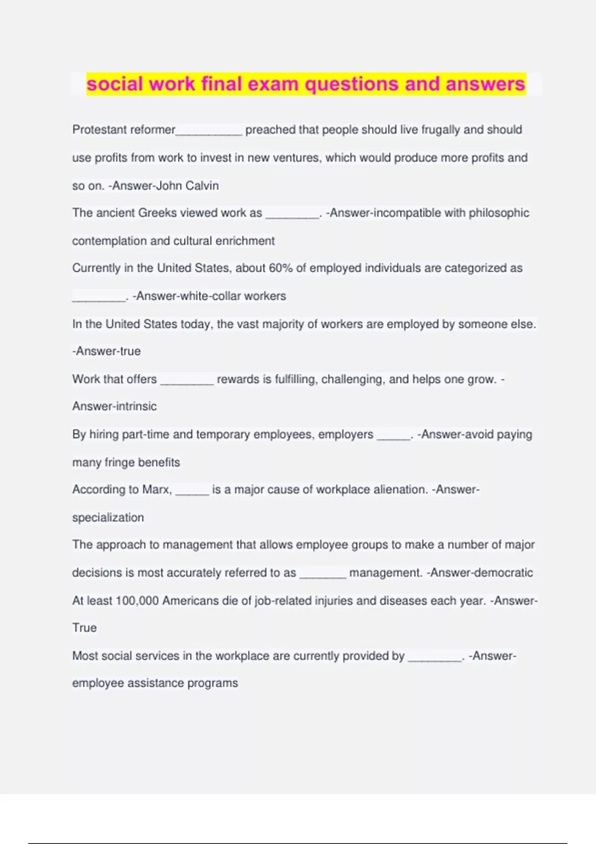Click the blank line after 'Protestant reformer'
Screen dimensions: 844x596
(209, 131)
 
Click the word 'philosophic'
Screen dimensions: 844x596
(499, 213)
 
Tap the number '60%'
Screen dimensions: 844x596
(280, 268)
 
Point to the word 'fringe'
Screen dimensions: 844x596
(118, 462)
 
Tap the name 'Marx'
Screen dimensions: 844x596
(156, 490)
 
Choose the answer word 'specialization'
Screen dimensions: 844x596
(108, 517)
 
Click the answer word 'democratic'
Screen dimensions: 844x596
(504, 572)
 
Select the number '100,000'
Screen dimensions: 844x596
(137, 601)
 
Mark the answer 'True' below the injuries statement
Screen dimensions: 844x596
(84, 628)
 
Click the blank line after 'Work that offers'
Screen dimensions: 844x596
(187, 381)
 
